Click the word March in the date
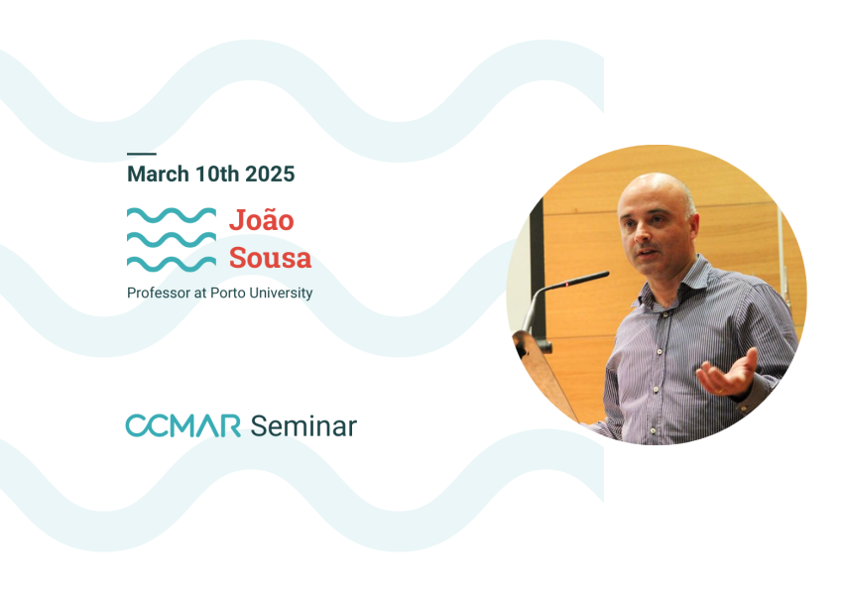(158, 175)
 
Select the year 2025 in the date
(270, 175)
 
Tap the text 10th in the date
(217, 175)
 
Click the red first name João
(262, 219)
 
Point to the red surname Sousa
(271, 258)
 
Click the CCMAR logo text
(182, 425)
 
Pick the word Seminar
(303, 426)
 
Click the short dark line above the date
(142, 155)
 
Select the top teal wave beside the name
(172, 215)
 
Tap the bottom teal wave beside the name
(172, 264)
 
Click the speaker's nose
(641, 234)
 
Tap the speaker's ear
(693, 226)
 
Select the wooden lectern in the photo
(543, 371)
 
